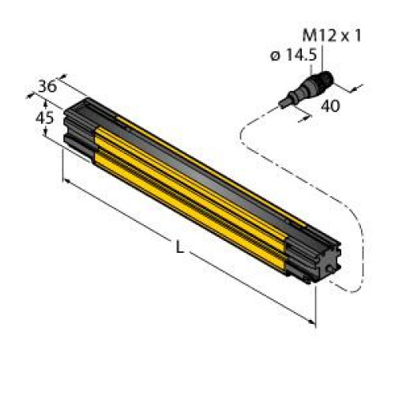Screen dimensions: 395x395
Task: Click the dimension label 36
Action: pyautogui.click(x=47, y=86)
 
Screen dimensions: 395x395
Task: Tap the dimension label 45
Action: pyautogui.click(x=45, y=117)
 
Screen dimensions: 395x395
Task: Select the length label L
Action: pyautogui.click(x=179, y=247)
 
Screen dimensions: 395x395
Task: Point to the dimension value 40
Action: pyautogui.click(x=330, y=106)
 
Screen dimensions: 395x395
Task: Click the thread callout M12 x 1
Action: pyautogui.click(x=332, y=36)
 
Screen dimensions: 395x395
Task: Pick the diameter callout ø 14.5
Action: pyautogui.click(x=294, y=55)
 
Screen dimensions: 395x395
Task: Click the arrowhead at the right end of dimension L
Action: pyautogui.click(x=313, y=322)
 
